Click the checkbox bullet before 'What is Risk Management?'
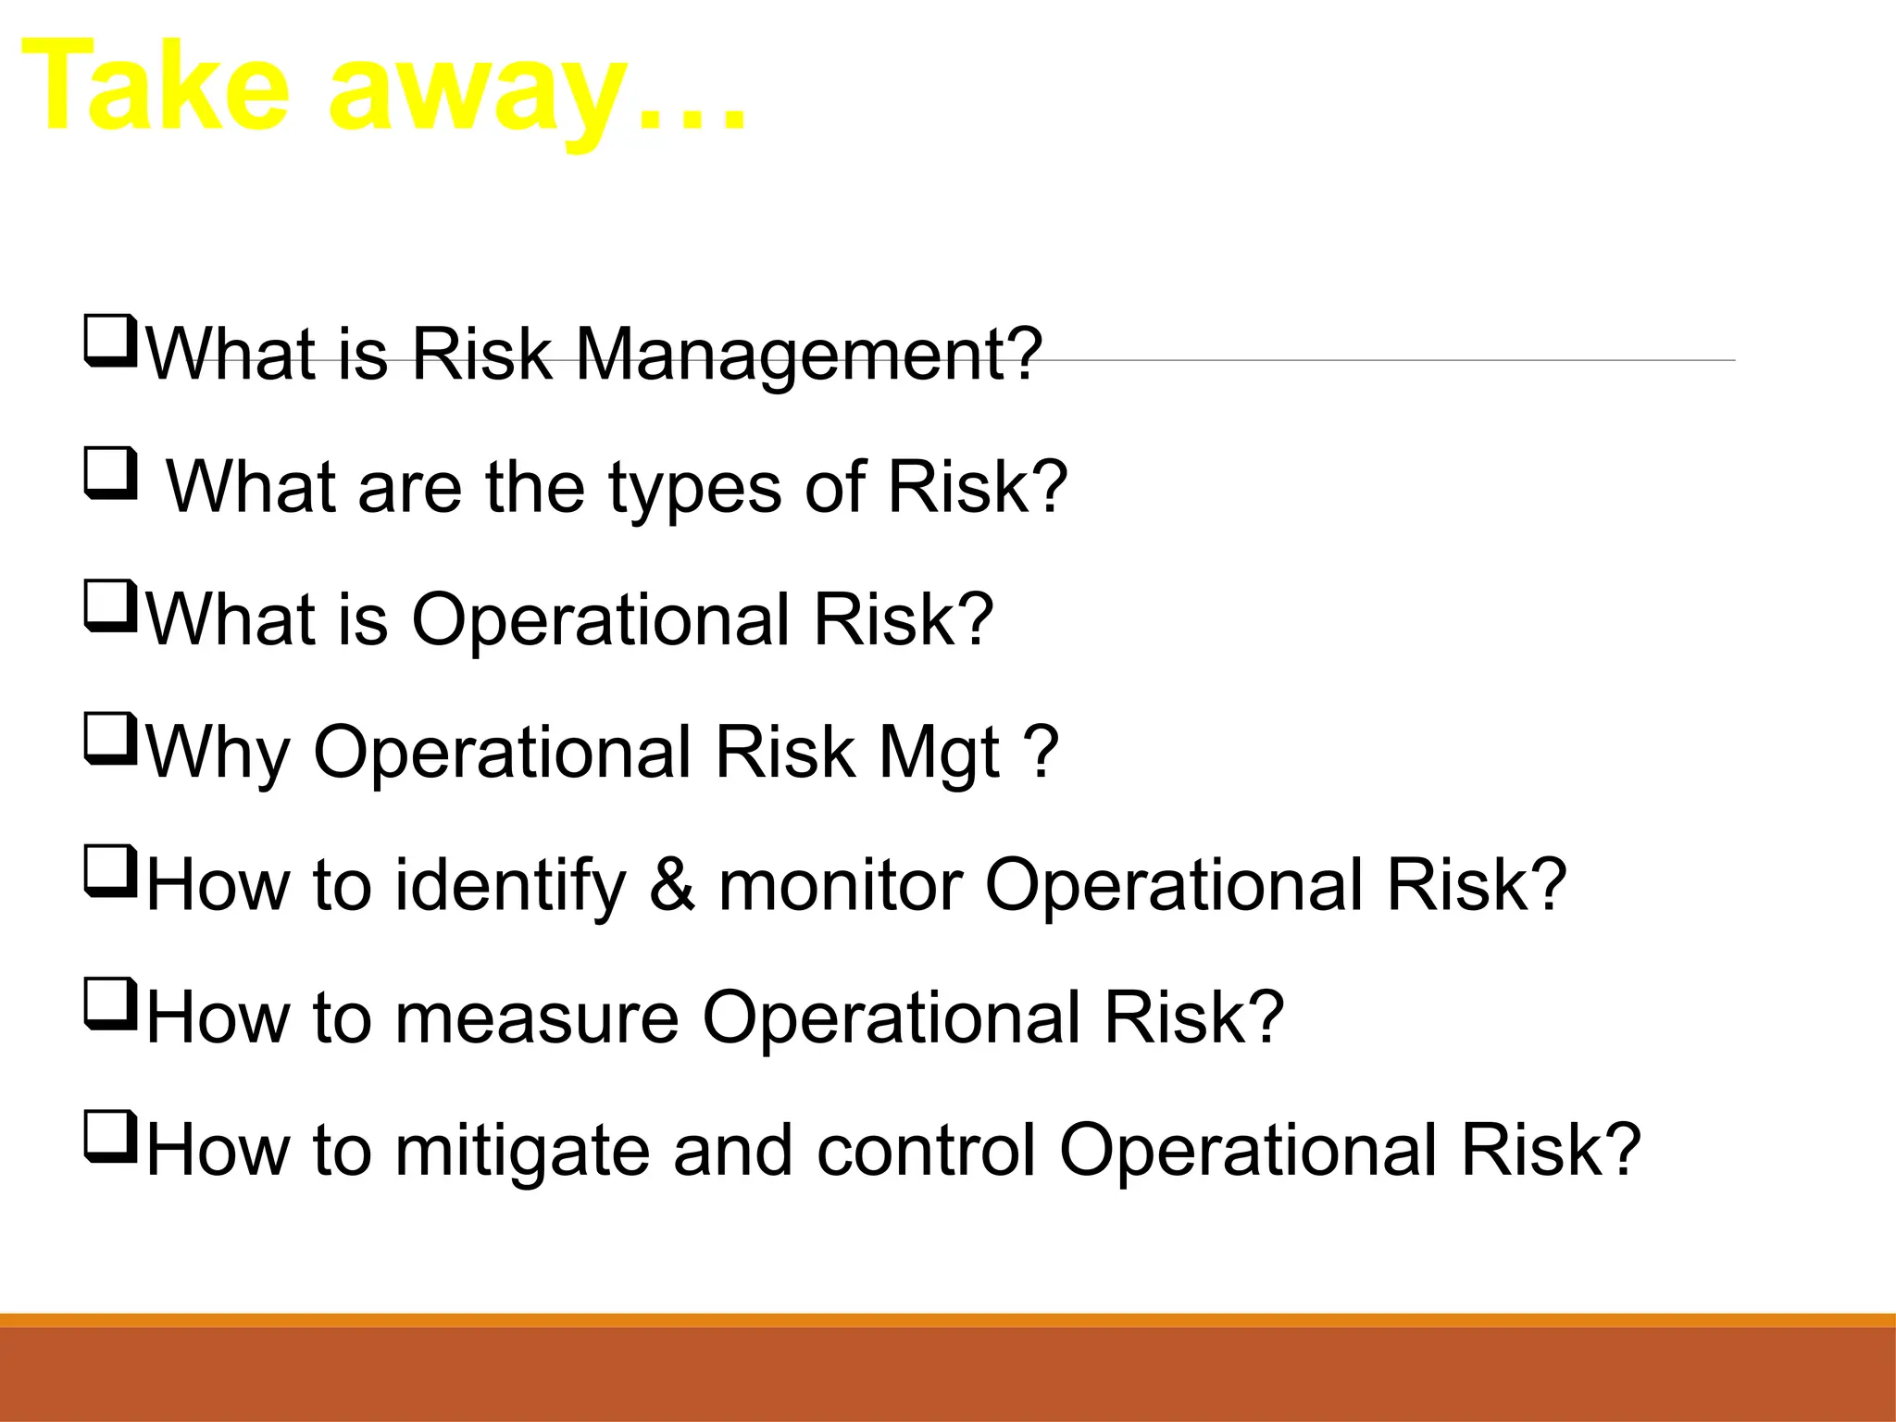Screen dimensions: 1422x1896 click(111, 340)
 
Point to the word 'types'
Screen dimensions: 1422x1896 click(694, 491)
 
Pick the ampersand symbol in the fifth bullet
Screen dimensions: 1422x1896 click(672, 885)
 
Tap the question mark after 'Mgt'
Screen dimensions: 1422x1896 click(1042, 753)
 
